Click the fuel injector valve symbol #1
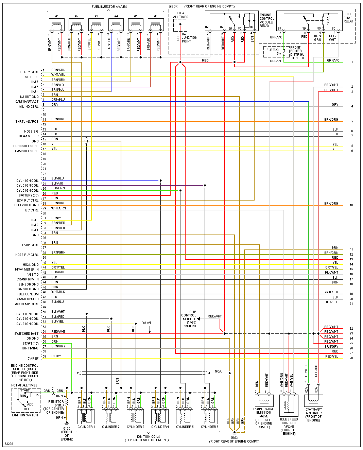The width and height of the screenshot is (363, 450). [x=57, y=25]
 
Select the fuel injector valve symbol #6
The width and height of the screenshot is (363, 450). [x=155, y=25]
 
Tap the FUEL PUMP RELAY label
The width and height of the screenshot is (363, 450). [x=348, y=18]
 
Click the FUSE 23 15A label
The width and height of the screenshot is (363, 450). [x=273, y=52]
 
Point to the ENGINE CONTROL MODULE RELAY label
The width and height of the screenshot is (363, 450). [x=267, y=20]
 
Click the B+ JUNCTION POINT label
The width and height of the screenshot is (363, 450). [x=189, y=38]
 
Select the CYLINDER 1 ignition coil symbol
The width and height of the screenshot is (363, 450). [x=86, y=416]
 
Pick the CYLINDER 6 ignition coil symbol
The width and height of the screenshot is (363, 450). [x=209, y=416]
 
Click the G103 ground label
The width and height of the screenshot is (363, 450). [x=234, y=437]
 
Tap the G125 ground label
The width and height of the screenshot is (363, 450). [x=67, y=429]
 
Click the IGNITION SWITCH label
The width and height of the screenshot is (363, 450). [x=25, y=415]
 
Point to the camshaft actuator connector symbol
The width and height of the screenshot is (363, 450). [x=313, y=401]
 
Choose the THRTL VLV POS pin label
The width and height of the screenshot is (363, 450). [x=27, y=121]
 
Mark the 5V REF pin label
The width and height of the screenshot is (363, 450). [x=33, y=358]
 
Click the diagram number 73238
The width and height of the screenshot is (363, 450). [x=9, y=444]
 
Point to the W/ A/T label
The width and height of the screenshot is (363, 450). [x=147, y=323]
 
